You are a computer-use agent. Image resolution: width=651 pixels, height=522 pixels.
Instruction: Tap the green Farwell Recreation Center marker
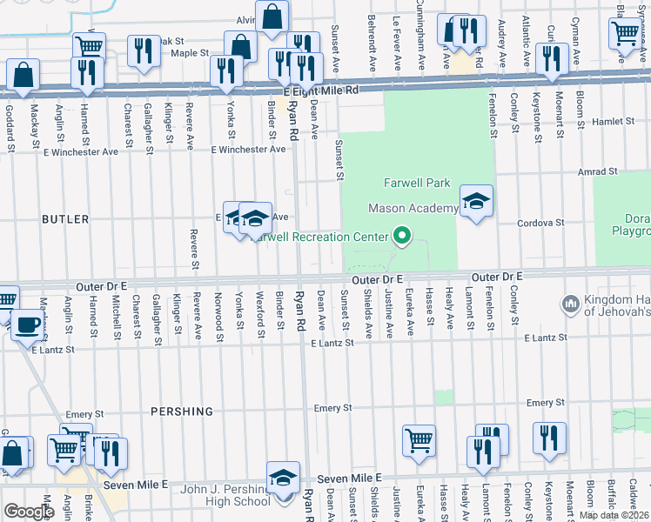click(401, 236)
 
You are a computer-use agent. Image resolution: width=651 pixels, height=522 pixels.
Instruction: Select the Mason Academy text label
click(413, 208)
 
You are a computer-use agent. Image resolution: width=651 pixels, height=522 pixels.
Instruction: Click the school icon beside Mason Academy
click(476, 202)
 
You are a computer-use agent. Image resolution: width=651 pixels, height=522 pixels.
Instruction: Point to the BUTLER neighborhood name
click(65, 220)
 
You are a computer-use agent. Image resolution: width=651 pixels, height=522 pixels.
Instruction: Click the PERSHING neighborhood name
click(181, 412)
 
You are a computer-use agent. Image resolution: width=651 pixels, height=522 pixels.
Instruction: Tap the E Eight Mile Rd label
click(320, 90)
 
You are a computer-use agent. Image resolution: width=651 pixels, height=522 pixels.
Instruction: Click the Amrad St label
click(597, 172)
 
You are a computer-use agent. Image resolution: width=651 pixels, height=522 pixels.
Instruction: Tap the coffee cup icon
click(25, 325)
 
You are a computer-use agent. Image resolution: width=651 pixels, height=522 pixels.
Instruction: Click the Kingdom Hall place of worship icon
click(572, 304)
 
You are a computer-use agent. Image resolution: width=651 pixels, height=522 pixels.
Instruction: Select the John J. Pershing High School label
click(225, 495)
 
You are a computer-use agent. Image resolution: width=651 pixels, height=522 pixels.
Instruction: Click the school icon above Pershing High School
click(283, 478)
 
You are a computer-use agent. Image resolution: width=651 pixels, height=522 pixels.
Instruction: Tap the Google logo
click(29, 512)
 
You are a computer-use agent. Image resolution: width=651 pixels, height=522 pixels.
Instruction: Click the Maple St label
click(191, 53)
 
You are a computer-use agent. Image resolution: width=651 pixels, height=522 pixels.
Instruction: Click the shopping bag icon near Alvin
click(272, 17)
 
